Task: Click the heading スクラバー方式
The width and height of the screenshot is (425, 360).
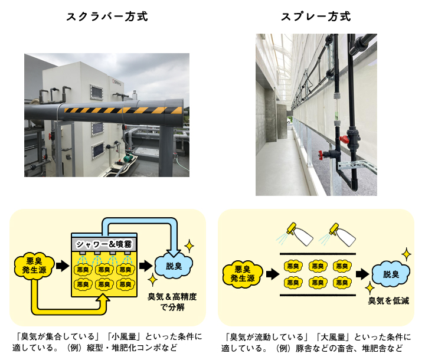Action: [106, 17]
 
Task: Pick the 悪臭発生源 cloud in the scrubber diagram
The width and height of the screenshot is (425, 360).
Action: [34, 266]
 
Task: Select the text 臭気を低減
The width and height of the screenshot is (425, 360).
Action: [388, 301]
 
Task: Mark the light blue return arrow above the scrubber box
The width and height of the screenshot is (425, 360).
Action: [142, 222]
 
